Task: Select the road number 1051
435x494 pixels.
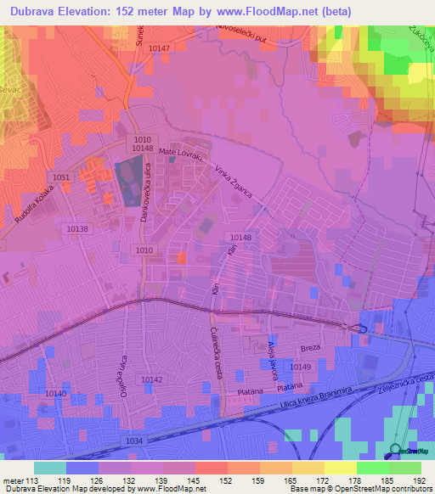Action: [x=61, y=177]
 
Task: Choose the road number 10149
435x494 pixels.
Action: [x=300, y=366]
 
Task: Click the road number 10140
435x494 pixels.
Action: [x=55, y=393]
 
